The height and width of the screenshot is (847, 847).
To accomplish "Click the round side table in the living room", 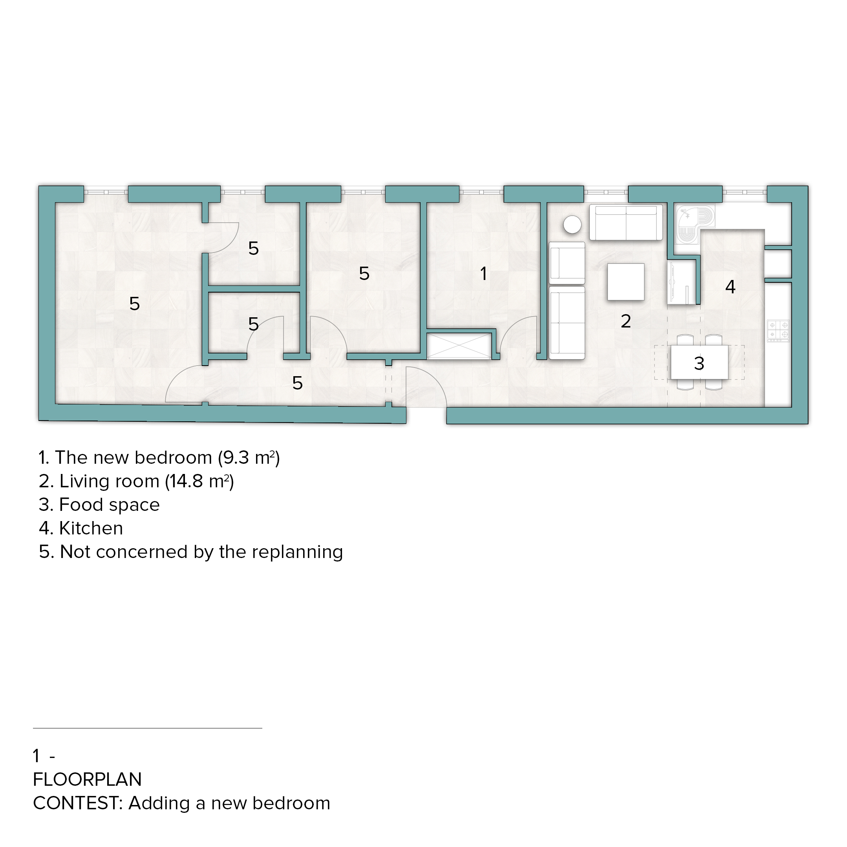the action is click(572, 225).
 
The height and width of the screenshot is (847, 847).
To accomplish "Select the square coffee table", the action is click(626, 282).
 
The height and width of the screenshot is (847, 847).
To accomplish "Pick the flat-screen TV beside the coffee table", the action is click(682, 282).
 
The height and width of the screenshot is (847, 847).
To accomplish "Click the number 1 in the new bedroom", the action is click(483, 274).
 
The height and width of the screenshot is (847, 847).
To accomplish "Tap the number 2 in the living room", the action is click(626, 321).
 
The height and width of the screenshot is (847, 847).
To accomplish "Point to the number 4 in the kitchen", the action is click(730, 287).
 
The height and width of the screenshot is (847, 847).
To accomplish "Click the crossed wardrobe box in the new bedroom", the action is click(459, 346).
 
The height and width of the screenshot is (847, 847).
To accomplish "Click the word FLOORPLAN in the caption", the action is click(87, 779).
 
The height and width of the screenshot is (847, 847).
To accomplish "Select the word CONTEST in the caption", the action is click(76, 803).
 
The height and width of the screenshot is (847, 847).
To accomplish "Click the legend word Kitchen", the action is click(91, 528).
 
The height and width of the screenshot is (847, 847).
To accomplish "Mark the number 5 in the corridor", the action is click(297, 384).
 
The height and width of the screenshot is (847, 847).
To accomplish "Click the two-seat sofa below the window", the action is click(626, 222).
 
